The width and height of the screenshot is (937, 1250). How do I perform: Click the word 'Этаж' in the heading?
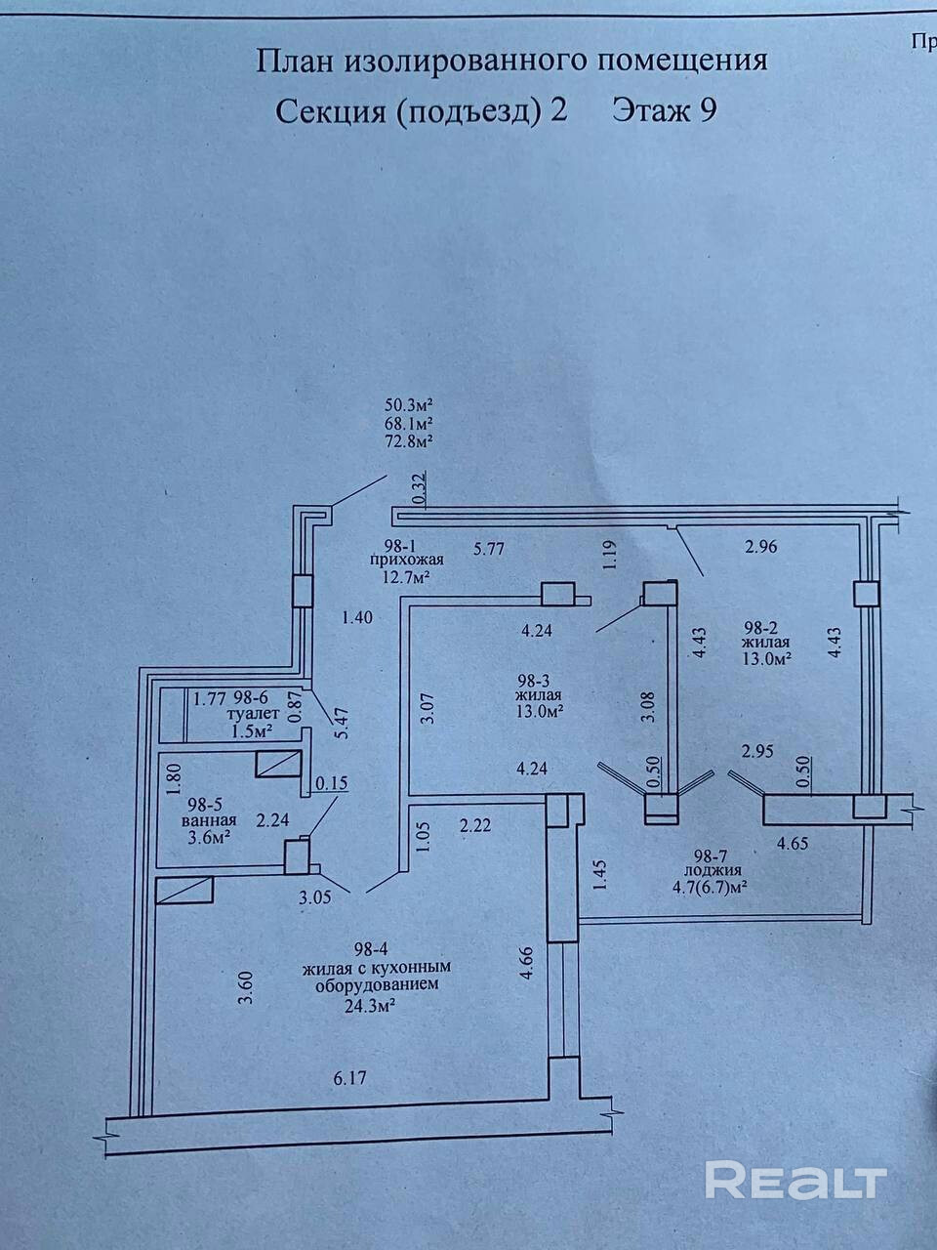[648, 110]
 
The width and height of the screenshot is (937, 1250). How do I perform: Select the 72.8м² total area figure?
[410, 440]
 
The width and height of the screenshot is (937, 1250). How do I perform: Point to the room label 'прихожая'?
[408, 560]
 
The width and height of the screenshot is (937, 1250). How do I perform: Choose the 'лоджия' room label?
[713, 870]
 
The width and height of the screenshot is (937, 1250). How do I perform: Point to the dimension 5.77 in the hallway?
[490, 549]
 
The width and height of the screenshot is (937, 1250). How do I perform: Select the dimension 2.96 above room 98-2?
[760, 547]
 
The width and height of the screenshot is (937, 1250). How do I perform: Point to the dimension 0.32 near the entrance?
[419, 488]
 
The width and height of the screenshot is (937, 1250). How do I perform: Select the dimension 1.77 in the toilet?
[210, 698]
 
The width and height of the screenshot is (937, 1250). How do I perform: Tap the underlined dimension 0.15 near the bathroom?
[331, 781]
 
